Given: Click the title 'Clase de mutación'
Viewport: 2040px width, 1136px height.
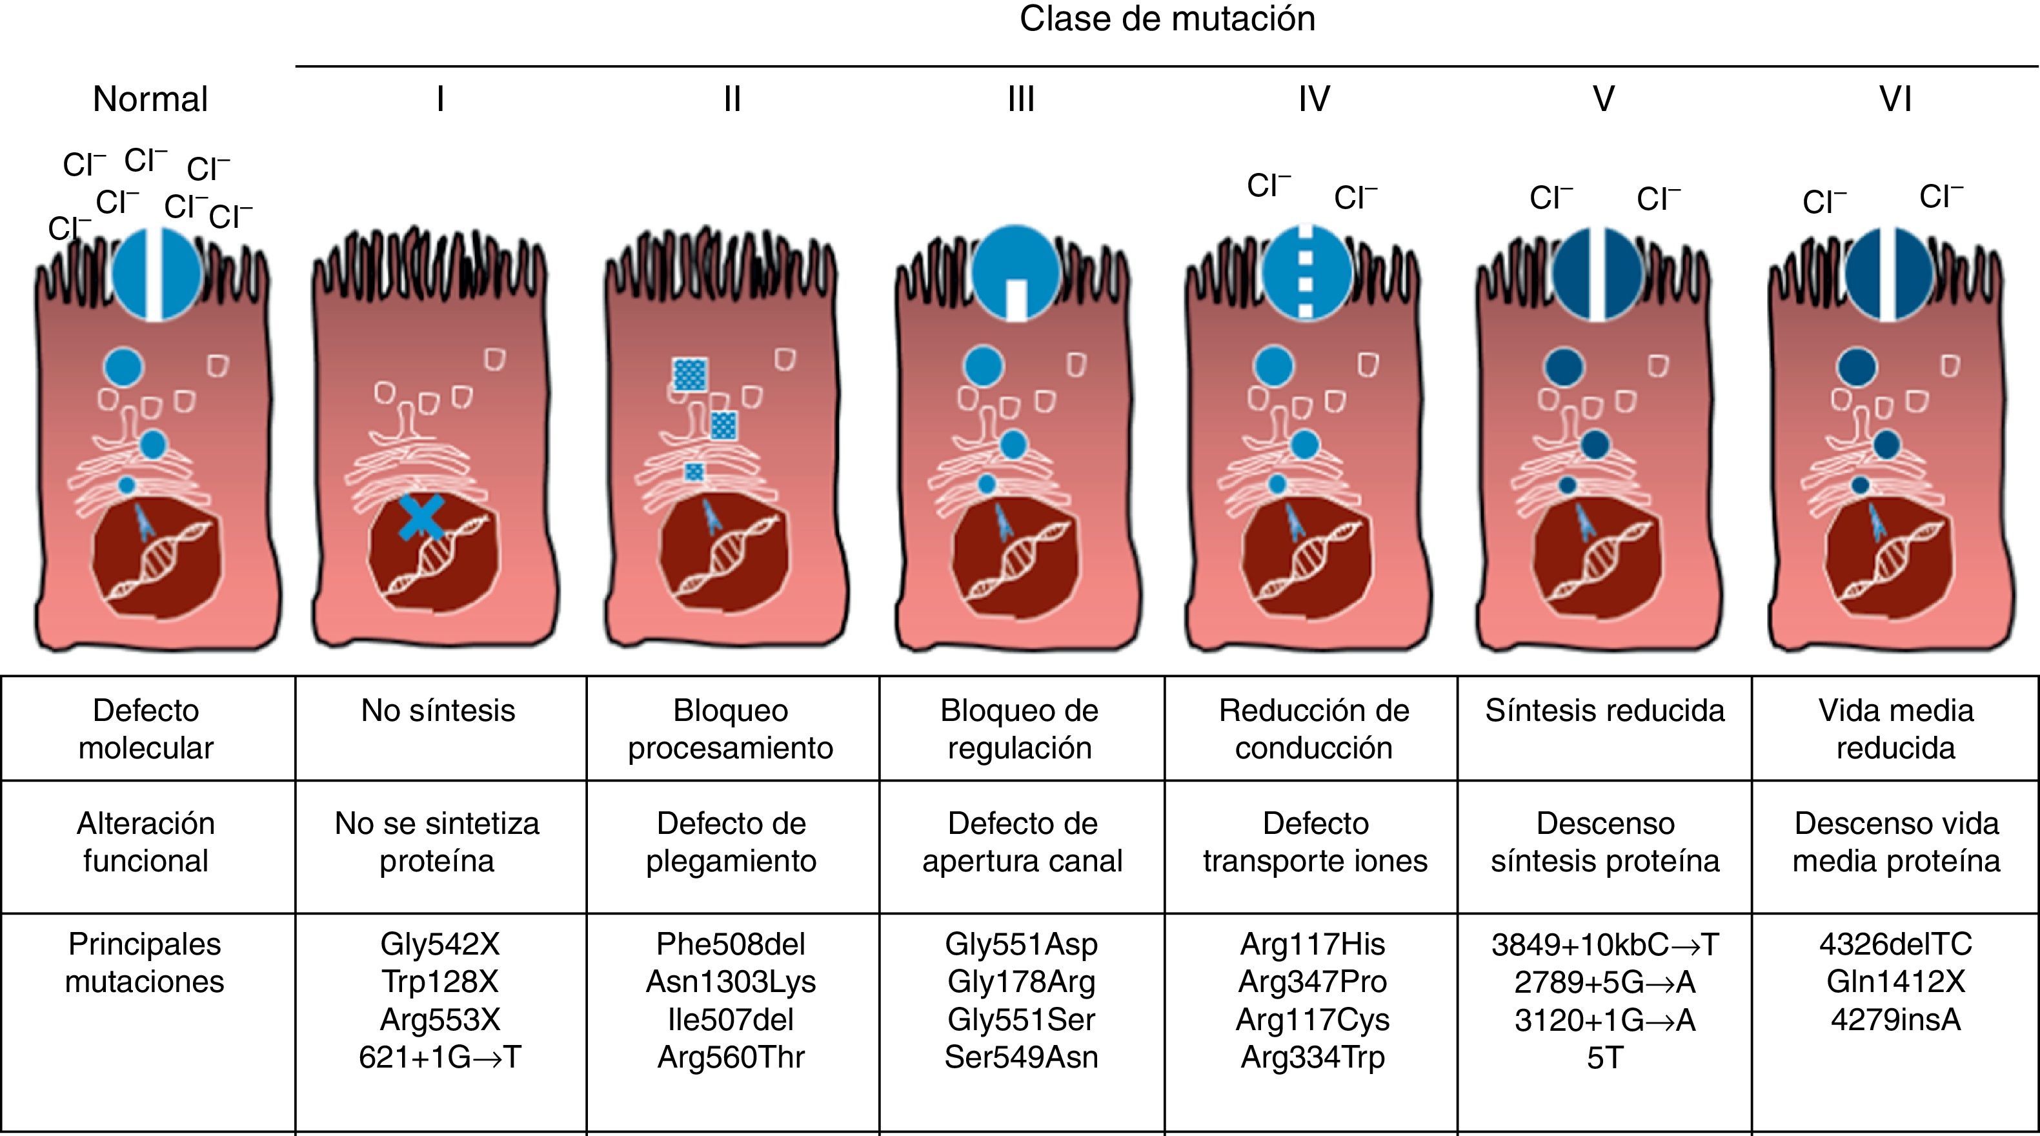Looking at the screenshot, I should click(1167, 19).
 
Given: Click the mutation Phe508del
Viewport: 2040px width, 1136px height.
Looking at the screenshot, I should click(731, 944).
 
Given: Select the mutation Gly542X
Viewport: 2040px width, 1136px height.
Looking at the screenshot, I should click(439, 944).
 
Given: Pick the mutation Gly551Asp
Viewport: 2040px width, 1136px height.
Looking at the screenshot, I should click(1021, 944).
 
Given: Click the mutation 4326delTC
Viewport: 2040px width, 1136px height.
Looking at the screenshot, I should click(1895, 944).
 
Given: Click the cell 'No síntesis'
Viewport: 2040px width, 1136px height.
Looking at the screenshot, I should click(438, 711).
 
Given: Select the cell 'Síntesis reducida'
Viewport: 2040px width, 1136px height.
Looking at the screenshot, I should click(1604, 711).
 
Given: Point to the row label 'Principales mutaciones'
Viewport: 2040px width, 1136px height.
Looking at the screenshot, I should click(145, 962).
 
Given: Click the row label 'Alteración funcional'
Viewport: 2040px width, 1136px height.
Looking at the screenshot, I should click(146, 842).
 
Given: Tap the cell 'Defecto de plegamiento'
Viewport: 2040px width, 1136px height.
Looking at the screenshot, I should click(731, 842).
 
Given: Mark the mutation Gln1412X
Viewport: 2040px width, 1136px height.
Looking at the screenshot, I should click(1895, 982).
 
